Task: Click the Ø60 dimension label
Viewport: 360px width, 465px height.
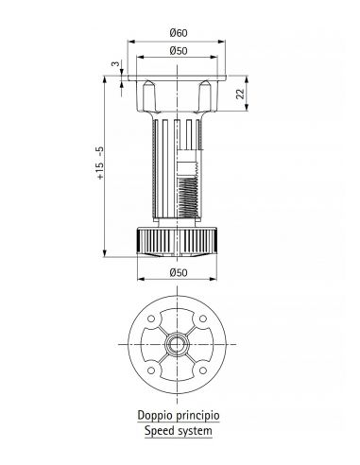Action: coord(179,33)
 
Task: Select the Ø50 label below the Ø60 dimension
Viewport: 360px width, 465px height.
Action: coord(179,51)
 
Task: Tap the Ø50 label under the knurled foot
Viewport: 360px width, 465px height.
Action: coord(179,272)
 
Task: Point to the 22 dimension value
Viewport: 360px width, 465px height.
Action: coord(240,94)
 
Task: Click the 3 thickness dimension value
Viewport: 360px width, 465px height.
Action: coord(116,63)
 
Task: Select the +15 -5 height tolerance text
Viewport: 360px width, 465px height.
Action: coord(100,163)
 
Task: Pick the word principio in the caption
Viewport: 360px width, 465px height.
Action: coord(197,416)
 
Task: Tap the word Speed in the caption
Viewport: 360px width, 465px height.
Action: coord(159,431)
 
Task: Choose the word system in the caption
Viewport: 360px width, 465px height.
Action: coord(195,431)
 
